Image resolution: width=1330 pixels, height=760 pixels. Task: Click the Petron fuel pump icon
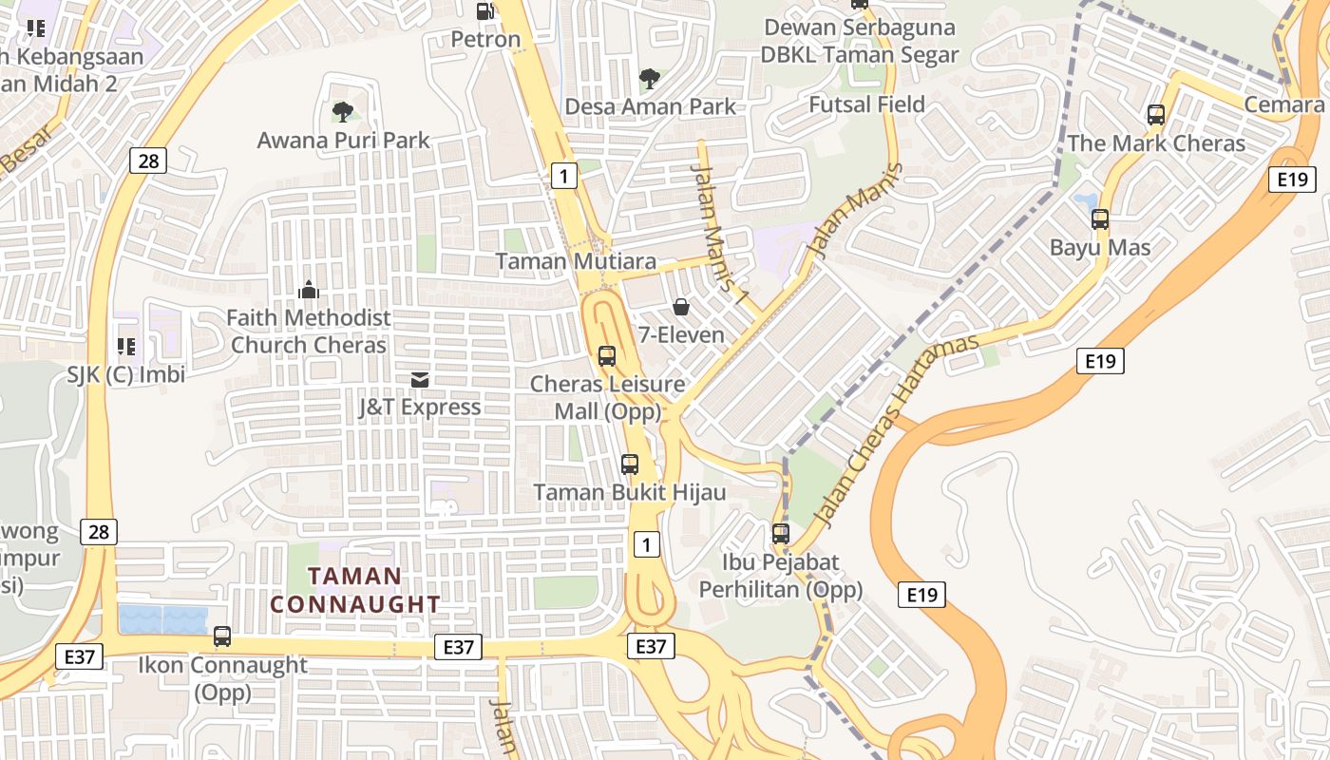pos(484,11)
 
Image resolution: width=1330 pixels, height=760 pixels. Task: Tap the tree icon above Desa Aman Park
pos(650,78)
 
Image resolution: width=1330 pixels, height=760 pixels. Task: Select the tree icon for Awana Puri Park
pos(343,112)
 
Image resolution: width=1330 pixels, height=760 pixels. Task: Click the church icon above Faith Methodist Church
pos(308,290)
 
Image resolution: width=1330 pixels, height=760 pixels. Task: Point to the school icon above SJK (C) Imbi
pos(125,347)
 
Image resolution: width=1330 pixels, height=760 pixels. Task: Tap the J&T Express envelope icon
pos(419,380)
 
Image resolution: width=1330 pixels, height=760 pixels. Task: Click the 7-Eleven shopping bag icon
pos(681,307)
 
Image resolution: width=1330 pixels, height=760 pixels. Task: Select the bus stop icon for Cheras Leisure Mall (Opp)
pos(606,356)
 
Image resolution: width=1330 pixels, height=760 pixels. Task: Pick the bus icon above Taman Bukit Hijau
pos(629,465)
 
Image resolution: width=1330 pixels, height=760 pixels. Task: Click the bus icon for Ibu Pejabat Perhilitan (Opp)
pos(781,534)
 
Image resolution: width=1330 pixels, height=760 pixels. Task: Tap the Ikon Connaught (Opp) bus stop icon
pos(222,636)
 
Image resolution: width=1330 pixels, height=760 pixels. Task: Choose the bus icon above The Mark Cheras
pos(1156,115)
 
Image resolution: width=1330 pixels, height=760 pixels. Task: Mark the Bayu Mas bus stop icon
pos(1100,219)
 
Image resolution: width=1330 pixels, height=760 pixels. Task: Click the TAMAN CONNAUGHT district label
pos(355,590)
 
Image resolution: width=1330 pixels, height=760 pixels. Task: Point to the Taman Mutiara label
pos(576,261)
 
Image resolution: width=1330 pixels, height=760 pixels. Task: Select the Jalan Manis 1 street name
pos(719,229)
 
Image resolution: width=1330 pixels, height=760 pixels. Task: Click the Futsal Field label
pos(866,104)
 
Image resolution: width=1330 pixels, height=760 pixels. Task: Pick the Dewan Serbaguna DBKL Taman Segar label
pos(860,41)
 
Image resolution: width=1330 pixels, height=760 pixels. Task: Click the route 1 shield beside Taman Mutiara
pos(564,175)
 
